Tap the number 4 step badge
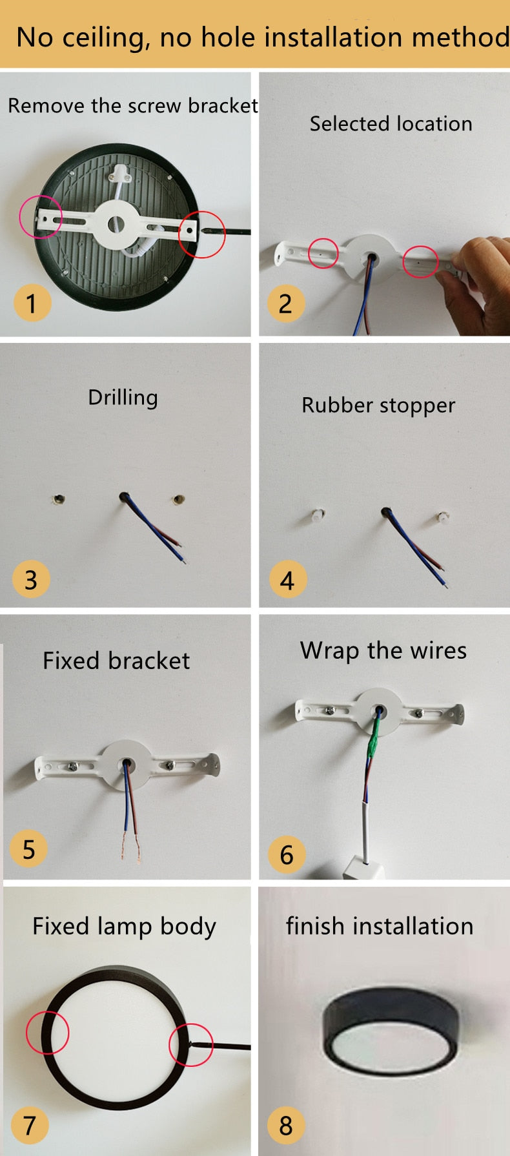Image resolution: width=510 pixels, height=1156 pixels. pyautogui.click(x=288, y=579)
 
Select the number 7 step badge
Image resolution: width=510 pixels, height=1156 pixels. pyautogui.click(x=30, y=1125)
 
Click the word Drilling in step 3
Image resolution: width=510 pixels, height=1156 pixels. pyautogui.click(x=123, y=397)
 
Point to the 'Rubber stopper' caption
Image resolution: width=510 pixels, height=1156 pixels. pyautogui.click(x=378, y=406)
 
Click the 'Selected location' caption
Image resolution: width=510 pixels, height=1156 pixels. pyautogui.click(x=391, y=123)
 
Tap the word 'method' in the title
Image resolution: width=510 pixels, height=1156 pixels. pyautogui.click(x=460, y=37)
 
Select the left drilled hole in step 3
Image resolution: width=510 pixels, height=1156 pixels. pyautogui.click(x=59, y=499)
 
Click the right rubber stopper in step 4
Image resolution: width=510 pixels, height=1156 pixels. pyautogui.click(x=442, y=517)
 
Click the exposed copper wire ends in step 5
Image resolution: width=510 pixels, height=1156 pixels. pyautogui.click(x=130, y=845)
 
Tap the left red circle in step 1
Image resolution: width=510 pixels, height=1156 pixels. pyautogui.click(x=41, y=215)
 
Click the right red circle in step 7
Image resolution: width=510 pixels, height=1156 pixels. pyautogui.click(x=191, y=1044)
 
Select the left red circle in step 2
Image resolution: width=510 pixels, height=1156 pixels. pyautogui.click(x=323, y=253)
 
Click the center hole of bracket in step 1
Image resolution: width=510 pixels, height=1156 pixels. pyautogui.click(x=116, y=224)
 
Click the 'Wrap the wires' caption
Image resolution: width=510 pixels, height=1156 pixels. pyautogui.click(x=383, y=650)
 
